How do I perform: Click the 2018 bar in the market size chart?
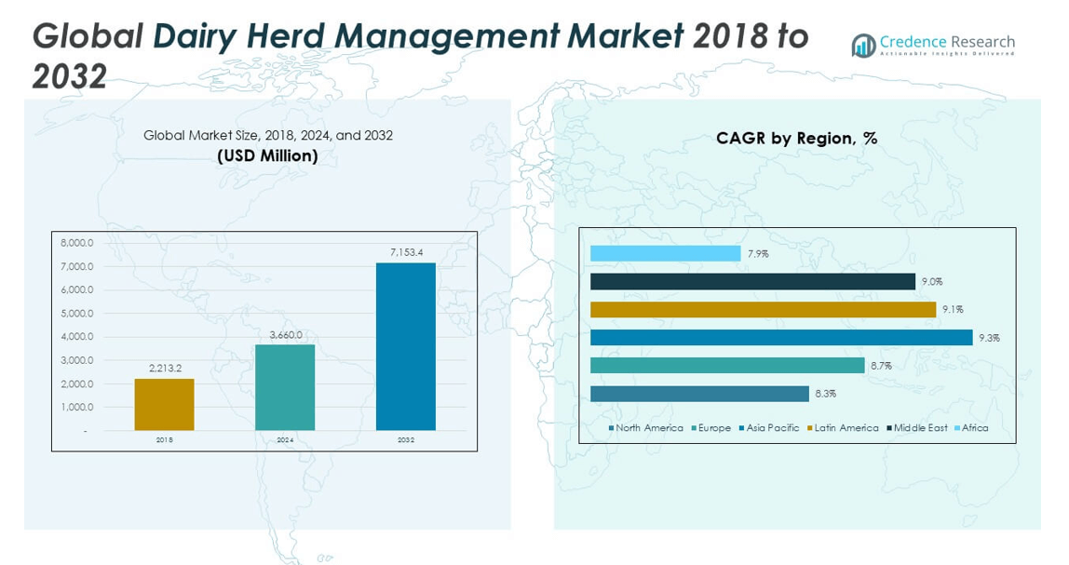pyautogui.click(x=164, y=404)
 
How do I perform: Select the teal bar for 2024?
pyautogui.click(x=285, y=387)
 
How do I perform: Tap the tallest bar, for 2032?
pyautogui.click(x=405, y=346)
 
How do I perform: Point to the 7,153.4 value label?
pyautogui.click(x=405, y=252)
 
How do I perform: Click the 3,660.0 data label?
pyautogui.click(x=285, y=334)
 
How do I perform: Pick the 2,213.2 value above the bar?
pyautogui.click(x=164, y=369)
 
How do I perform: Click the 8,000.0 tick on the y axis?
pyautogui.click(x=77, y=243)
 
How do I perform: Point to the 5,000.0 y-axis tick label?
pyautogui.click(x=77, y=314)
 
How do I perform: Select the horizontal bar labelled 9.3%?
pyautogui.click(x=780, y=338)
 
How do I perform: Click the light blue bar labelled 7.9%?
pyautogui.click(x=665, y=253)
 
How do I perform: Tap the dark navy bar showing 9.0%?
pyautogui.click(x=752, y=281)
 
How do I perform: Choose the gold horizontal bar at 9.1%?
pyautogui.click(x=763, y=309)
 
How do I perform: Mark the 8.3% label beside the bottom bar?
pyautogui.click(x=825, y=394)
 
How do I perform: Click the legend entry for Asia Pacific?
pyautogui.click(x=770, y=428)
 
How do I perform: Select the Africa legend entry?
pyautogui.click(x=974, y=428)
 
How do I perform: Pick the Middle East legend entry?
pyautogui.click(x=919, y=428)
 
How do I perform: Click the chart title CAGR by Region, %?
pyautogui.click(x=796, y=138)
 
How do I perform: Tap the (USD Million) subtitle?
pyautogui.click(x=267, y=155)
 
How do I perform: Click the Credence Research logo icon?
pyautogui.click(x=863, y=45)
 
